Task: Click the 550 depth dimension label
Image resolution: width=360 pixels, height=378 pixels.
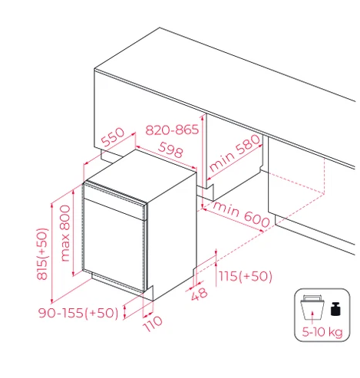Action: click(x=113, y=137)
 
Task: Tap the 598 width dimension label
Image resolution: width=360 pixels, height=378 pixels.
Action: click(x=170, y=150)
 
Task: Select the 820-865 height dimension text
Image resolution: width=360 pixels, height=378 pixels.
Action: click(x=172, y=130)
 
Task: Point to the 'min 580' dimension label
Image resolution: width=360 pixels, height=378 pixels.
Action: click(x=234, y=153)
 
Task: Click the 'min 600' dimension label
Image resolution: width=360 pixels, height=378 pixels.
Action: click(x=241, y=214)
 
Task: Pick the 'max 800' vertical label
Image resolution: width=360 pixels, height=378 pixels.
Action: click(x=65, y=233)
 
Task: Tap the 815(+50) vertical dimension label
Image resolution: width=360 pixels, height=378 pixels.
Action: click(x=42, y=254)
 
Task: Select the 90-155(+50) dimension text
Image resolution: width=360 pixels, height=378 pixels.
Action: click(x=78, y=313)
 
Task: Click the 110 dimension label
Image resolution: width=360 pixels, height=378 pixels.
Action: click(x=153, y=324)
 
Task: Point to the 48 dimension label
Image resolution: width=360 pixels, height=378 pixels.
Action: click(x=200, y=294)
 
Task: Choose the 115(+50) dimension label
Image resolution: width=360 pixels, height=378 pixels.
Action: click(x=246, y=276)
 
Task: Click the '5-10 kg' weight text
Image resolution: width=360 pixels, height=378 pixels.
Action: click(x=322, y=332)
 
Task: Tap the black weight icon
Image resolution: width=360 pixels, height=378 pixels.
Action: click(x=335, y=309)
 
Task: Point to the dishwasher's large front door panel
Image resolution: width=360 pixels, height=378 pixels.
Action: click(x=114, y=245)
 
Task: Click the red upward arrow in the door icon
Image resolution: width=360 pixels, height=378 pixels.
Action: click(x=312, y=316)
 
